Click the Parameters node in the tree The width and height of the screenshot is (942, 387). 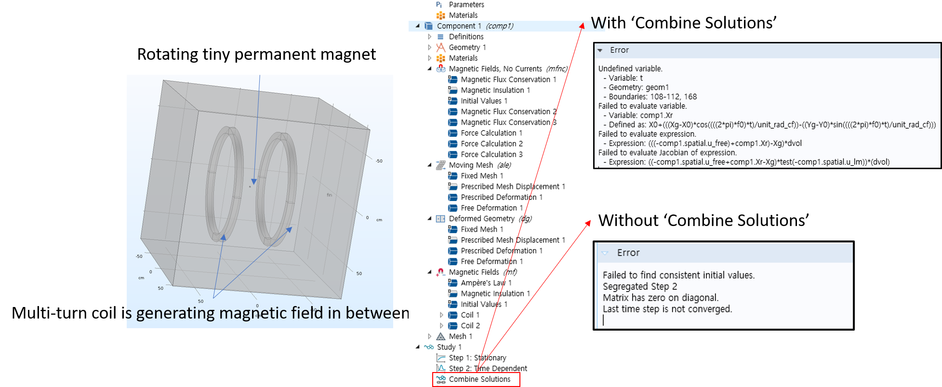(x=466, y=4)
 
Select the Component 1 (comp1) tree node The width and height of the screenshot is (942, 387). (x=475, y=26)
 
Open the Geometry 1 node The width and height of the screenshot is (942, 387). (x=467, y=47)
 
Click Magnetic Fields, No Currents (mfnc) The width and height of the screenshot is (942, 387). (x=508, y=69)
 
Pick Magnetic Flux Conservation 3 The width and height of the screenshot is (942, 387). (x=508, y=122)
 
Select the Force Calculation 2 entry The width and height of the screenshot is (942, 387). (x=491, y=144)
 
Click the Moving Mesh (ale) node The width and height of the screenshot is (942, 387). (x=480, y=165)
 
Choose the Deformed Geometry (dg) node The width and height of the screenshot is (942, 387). (x=490, y=219)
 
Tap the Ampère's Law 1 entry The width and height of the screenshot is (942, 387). (x=486, y=283)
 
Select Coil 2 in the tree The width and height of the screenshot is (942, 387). (x=470, y=326)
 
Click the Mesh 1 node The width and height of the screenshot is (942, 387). (x=460, y=336)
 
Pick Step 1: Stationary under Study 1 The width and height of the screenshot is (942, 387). (x=478, y=358)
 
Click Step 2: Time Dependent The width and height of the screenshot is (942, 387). (x=488, y=368)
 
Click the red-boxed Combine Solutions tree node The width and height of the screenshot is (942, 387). (x=479, y=379)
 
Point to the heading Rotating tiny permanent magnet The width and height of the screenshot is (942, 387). (x=256, y=54)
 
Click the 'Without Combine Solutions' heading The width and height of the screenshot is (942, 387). (x=703, y=220)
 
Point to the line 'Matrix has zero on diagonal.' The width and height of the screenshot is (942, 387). (x=661, y=298)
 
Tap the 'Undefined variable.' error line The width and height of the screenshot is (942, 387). (x=630, y=68)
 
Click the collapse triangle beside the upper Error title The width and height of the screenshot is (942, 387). (x=600, y=50)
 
